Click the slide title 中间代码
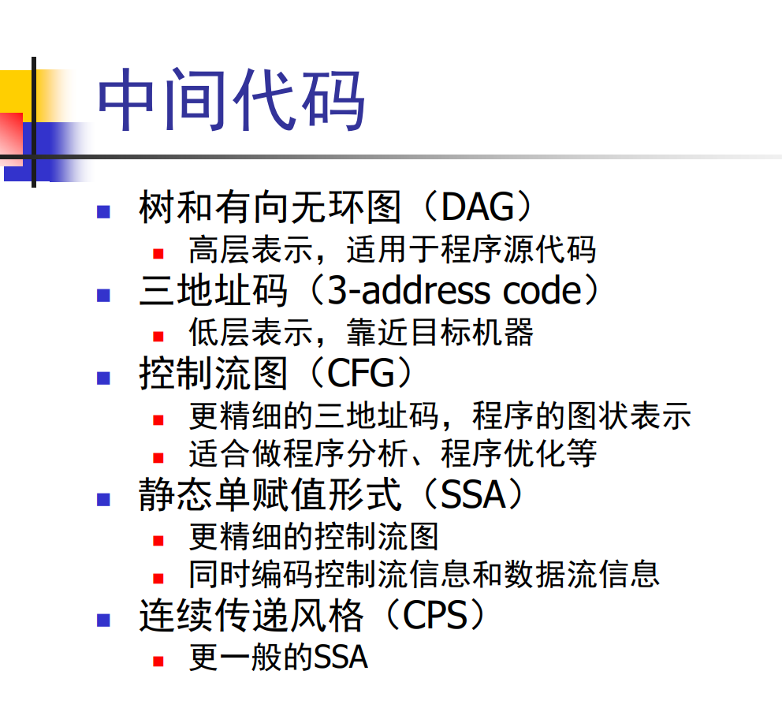[x=232, y=100]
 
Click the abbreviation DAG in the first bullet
[x=479, y=207]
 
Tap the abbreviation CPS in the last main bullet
[x=435, y=615]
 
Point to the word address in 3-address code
[x=426, y=290]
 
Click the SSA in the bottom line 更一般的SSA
[x=341, y=657]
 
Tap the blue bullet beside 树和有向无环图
[x=103, y=212]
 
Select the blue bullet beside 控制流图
[x=103, y=378]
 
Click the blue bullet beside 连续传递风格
[x=103, y=621]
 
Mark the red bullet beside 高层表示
[x=158, y=254]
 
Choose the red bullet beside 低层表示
[x=158, y=337]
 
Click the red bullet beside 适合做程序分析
[x=158, y=457]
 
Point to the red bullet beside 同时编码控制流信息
[x=158, y=579]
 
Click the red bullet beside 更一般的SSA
[x=158, y=662]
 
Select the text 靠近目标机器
[x=441, y=332]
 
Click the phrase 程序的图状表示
[x=582, y=416]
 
